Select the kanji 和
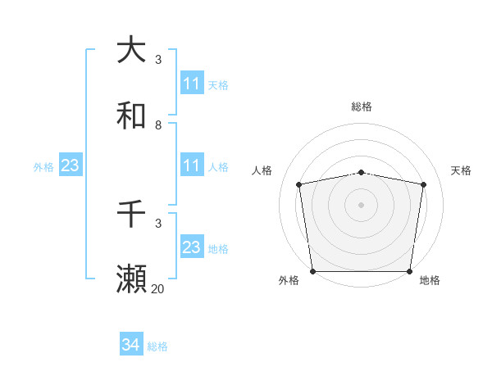click(x=132, y=115)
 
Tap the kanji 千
click(x=132, y=214)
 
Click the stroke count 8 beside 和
click(x=158, y=125)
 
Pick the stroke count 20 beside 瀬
click(x=157, y=289)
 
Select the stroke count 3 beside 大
click(x=158, y=60)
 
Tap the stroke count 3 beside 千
click(x=158, y=224)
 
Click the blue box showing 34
click(x=131, y=346)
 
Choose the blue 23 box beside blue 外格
click(x=70, y=166)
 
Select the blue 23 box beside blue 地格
click(x=192, y=247)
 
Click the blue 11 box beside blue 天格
click(x=192, y=84)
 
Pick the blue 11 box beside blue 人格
click(x=192, y=166)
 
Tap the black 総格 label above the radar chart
click(x=362, y=106)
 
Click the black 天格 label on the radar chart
click(x=462, y=170)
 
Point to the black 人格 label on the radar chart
click(x=262, y=170)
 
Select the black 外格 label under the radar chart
click(x=289, y=281)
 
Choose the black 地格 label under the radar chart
click(x=430, y=281)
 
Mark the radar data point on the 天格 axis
click(x=423, y=184)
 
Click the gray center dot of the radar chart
click(x=362, y=204)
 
